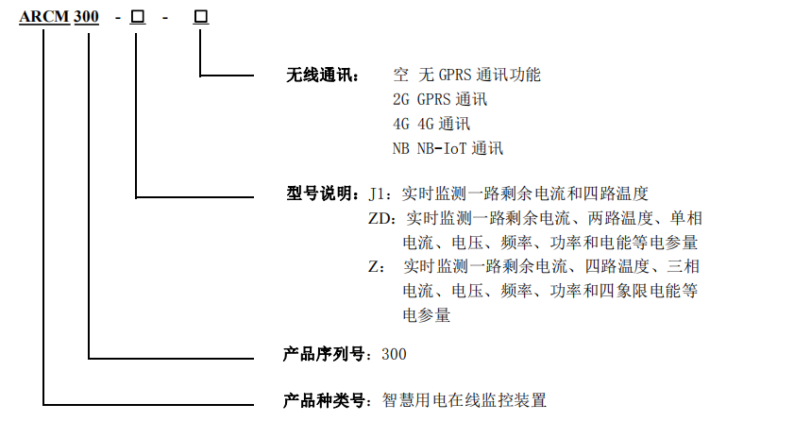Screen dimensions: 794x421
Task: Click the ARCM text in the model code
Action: click(44, 17)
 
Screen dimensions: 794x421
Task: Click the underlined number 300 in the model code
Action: click(86, 17)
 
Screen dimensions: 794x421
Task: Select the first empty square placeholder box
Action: click(138, 17)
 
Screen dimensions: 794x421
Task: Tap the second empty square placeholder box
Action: click(201, 17)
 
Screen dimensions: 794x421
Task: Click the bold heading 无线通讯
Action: click(319, 76)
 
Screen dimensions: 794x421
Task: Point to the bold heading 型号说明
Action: click(319, 194)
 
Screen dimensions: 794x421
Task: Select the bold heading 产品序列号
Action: click(323, 354)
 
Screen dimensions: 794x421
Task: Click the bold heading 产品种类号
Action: click(323, 400)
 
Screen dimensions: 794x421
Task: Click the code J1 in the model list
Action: click(378, 194)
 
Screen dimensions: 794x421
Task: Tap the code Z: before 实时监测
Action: click(377, 266)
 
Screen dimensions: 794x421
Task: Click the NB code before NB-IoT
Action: click(400, 148)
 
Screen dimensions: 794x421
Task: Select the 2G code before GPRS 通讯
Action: click(400, 99)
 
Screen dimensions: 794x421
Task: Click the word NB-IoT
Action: click(442, 148)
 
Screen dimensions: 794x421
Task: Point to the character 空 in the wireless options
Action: click(400, 75)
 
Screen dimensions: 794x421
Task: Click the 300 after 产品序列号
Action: click(394, 354)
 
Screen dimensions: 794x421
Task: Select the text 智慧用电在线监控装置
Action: click(465, 400)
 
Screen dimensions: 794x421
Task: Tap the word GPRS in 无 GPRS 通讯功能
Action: click(455, 75)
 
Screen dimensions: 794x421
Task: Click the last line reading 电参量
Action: click(427, 315)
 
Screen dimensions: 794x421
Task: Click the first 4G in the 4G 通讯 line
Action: click(400, 124)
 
